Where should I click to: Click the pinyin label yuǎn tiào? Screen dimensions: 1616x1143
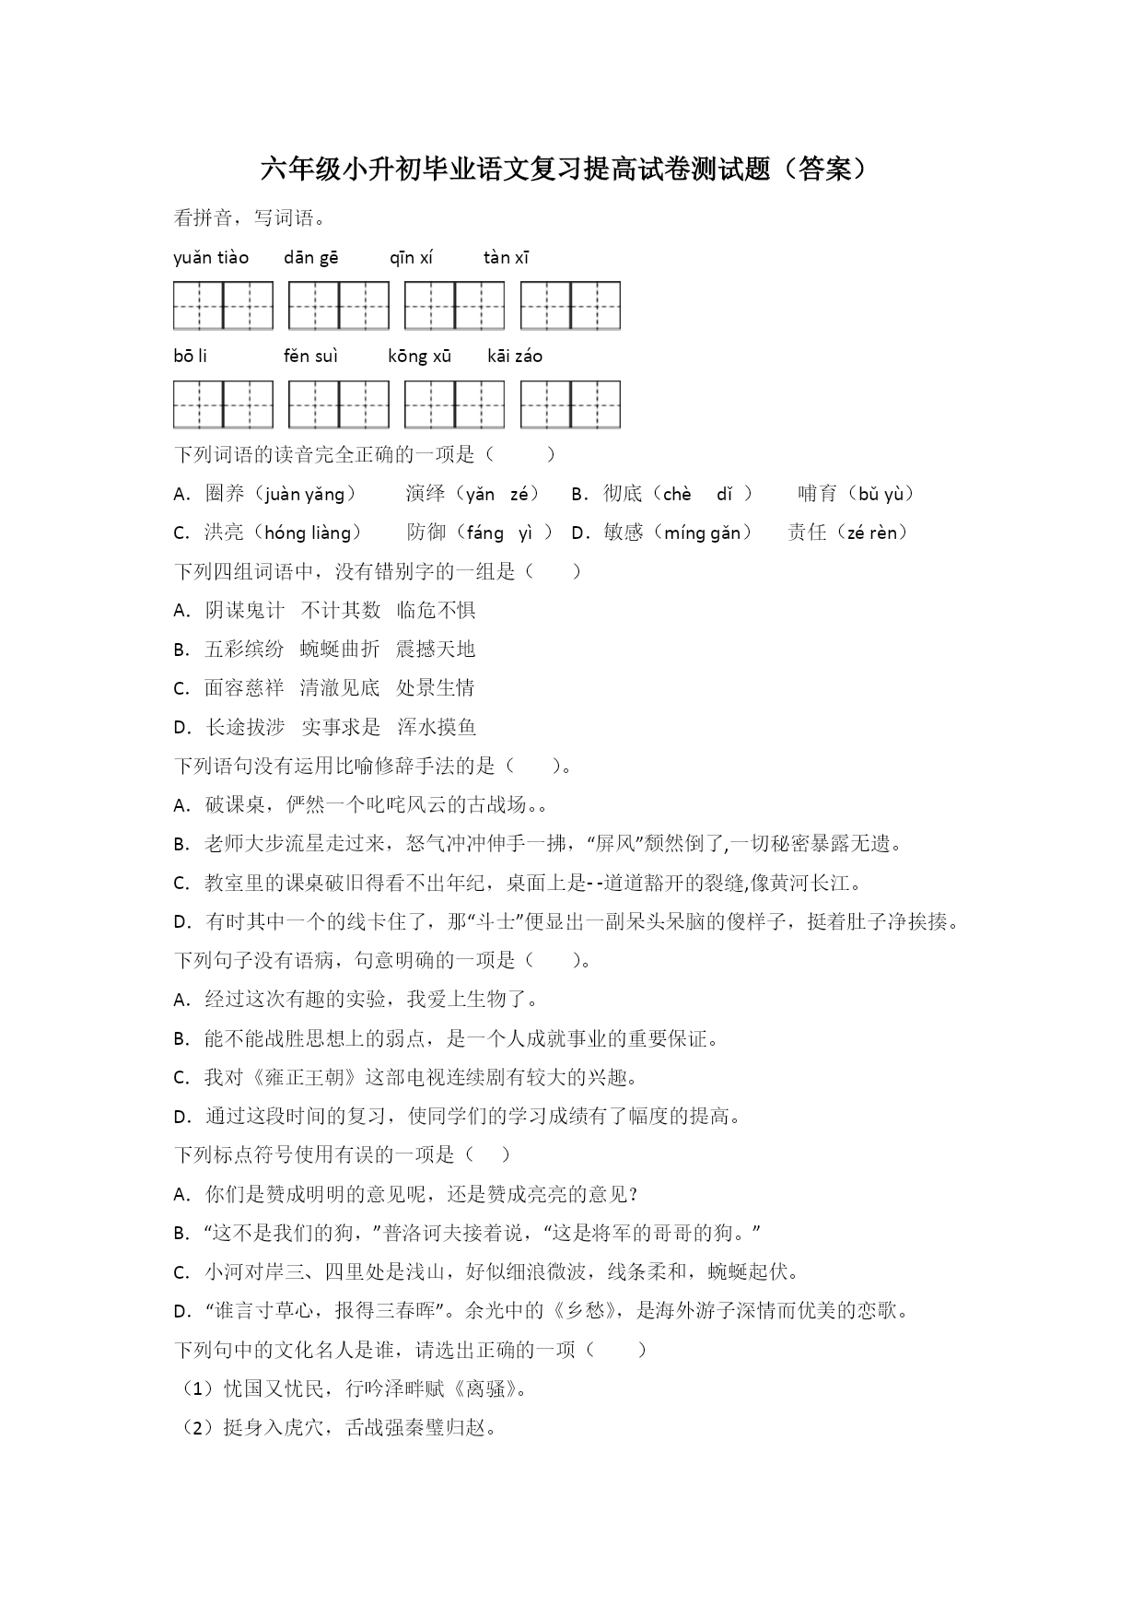[x=211, y=258]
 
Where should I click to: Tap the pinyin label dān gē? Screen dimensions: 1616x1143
[x=311, y=258]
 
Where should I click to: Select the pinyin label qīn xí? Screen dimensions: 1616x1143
[x=411, y=258]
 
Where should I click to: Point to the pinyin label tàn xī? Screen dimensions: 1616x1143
[x=507, y=258]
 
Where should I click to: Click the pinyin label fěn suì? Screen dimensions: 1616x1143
[x=311, y=357]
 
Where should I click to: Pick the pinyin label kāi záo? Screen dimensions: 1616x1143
[x=515, y=357]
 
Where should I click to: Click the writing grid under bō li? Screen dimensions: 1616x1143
[x=224, y=404]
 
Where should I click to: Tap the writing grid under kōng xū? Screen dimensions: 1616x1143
[x=455, y=404]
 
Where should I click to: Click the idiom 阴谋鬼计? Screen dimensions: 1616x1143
[x=245, y=610]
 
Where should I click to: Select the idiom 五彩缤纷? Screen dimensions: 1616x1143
[x=245, y=649]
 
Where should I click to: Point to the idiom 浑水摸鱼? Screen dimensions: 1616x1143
[x=437, y=727]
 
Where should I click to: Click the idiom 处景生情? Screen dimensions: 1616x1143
[x=436, y=687]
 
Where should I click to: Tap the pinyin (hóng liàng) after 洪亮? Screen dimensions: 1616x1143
[x=307, y=533]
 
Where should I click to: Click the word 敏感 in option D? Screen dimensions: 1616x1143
[x=624, y=533]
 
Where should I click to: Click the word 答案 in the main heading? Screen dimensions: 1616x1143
[x=825, y=169]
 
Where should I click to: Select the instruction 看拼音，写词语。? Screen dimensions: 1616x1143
[x=249, y=218]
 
